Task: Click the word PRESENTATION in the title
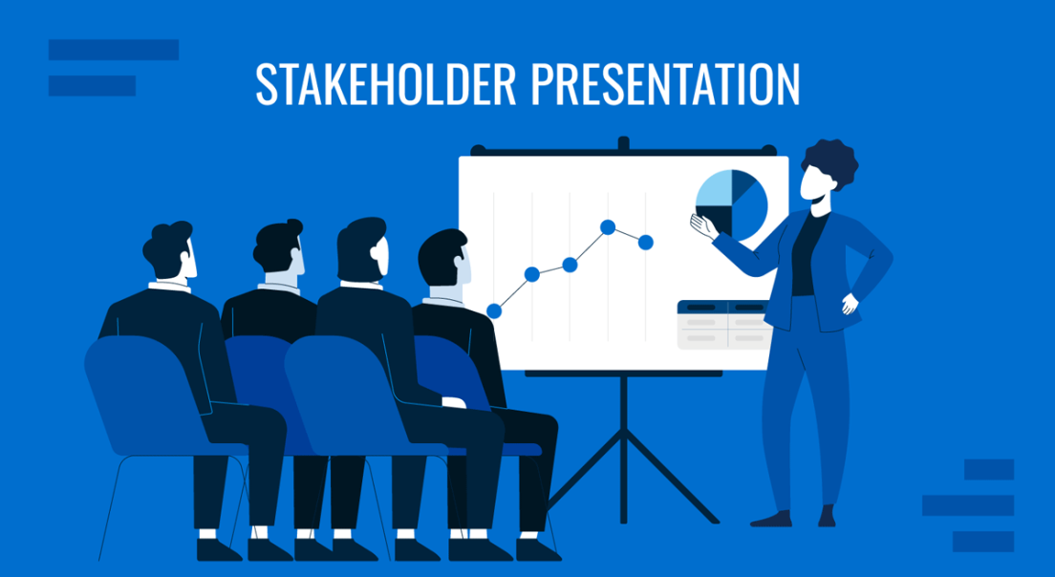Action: (663, 84)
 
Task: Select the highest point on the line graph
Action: (608, 226)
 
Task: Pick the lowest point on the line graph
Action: (494, 310)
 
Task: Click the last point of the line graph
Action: (646, 243)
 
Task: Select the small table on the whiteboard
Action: (723, 325)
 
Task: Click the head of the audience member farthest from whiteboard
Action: (171, 250)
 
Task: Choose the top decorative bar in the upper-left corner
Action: (113, 50)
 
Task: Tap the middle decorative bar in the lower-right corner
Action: (967, 505)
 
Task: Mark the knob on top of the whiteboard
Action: (624, 144)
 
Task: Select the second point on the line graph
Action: (532, 275)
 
